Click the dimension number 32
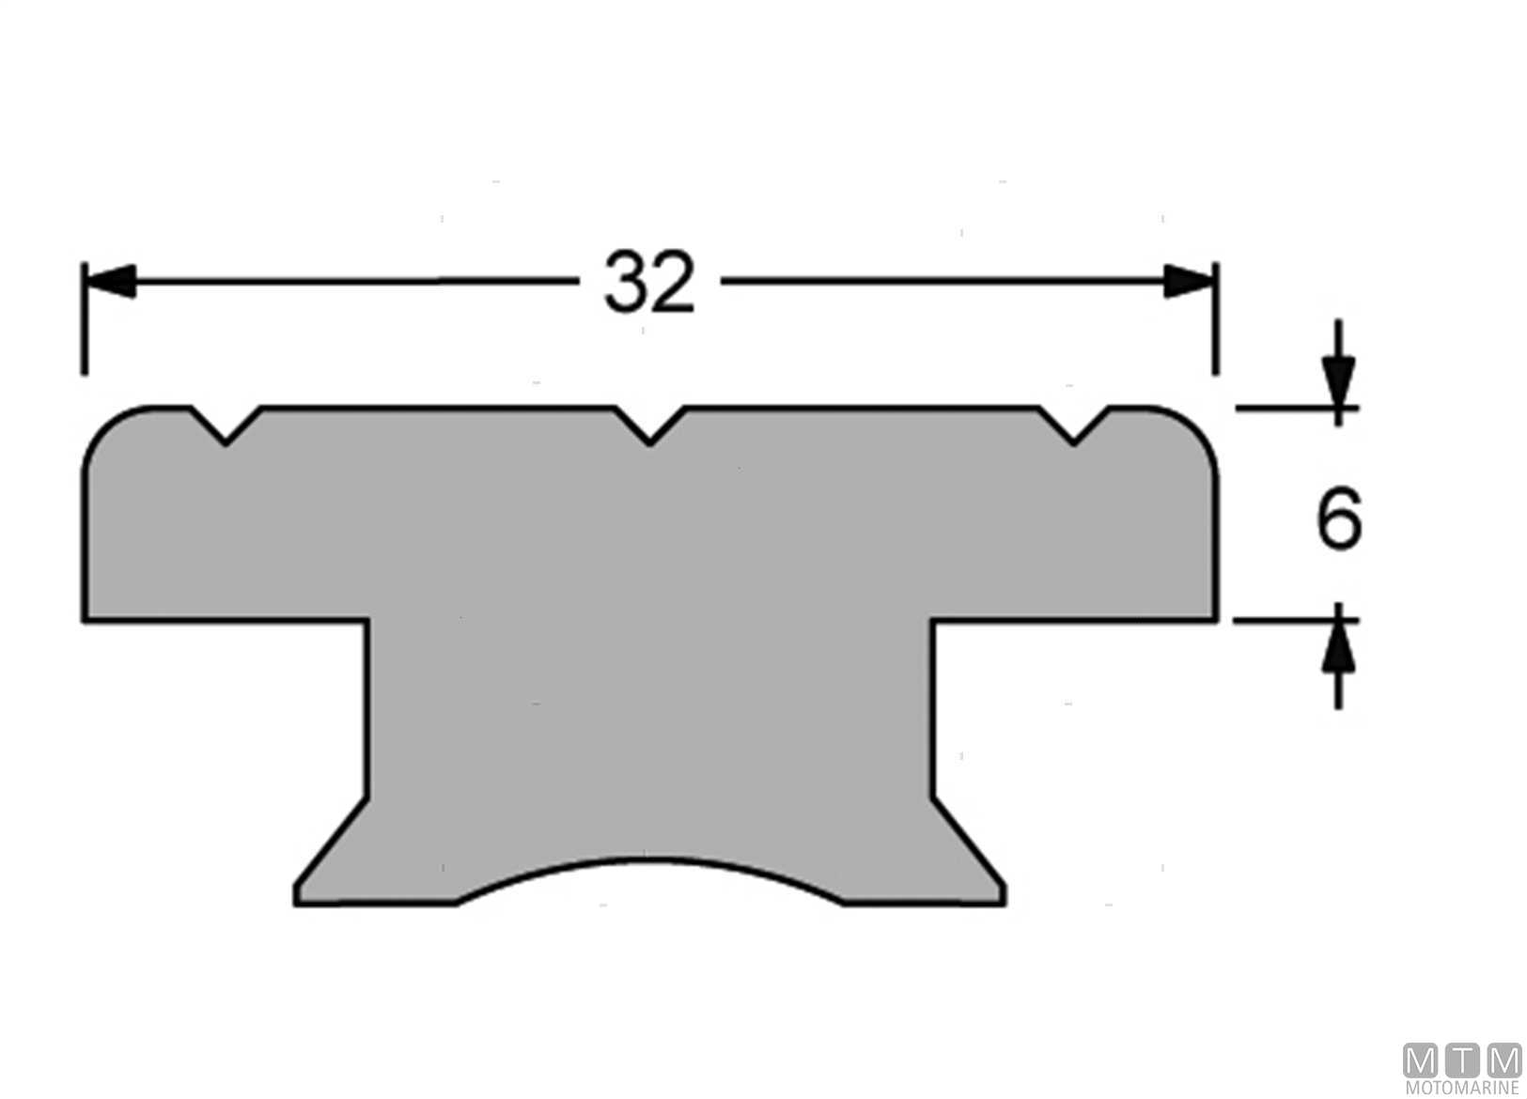(649, 282)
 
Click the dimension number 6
(1339, 518)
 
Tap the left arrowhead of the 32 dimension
(110, 282)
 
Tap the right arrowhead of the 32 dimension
(1189, 282)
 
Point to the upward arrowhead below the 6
(1338, 646)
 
